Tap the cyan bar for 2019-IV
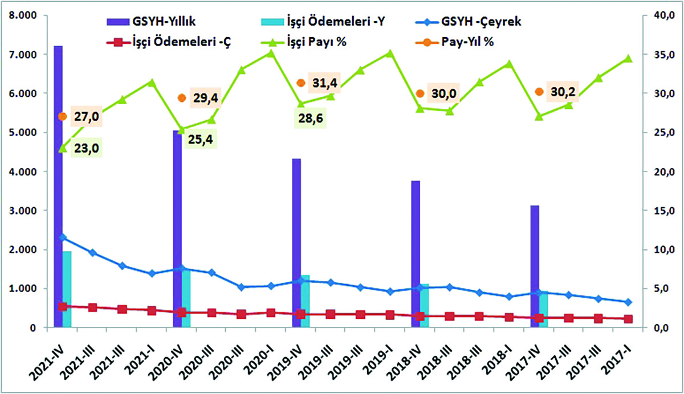click(x=305, y=302)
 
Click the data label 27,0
click(x=86, y=117)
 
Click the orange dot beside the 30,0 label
click(x=420, y=93)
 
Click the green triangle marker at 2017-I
click(x=628, y=58)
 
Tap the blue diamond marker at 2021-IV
click(x=63, y=237)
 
